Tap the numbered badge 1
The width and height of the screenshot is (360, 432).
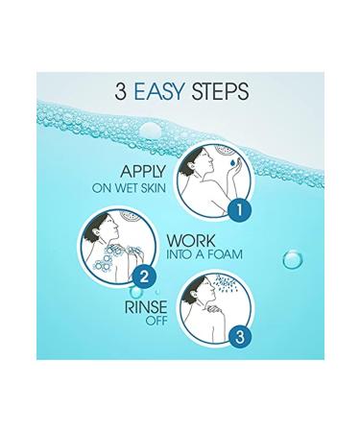(x=243, y=205)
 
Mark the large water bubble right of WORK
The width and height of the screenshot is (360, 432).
(x=290, y=259)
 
